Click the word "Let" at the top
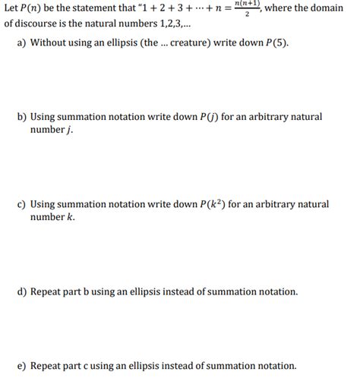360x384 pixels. pos(12,8)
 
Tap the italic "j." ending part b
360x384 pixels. pos(70,130)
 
